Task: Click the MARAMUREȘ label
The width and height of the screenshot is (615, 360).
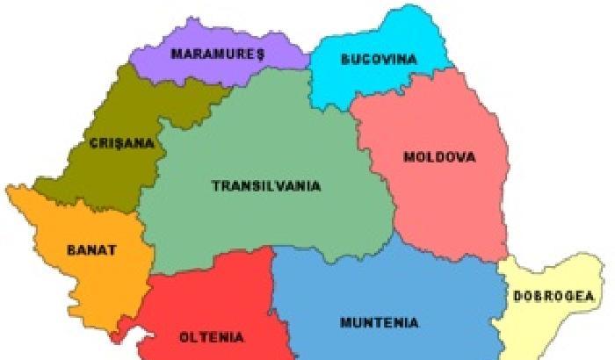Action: tap(218, 54)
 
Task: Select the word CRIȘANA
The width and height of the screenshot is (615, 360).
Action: tap(121, 142)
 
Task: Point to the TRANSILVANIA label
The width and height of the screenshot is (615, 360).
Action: tap(266, 186)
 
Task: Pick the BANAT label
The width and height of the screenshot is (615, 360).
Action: tap(91, 249)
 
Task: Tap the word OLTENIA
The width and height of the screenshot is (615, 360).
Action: tap(212, 336)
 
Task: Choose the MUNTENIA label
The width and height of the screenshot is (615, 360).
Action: tap(379, 321)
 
